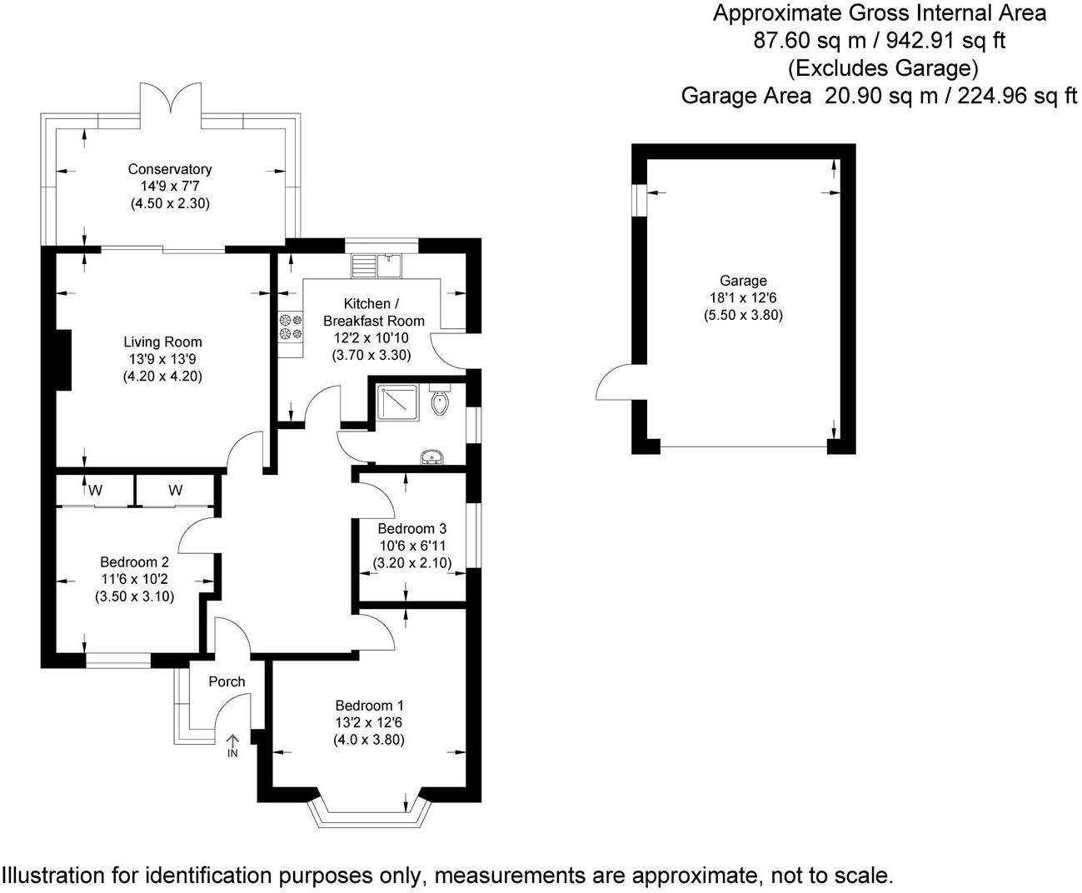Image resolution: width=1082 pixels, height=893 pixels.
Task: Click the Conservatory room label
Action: click(x=170, y=169)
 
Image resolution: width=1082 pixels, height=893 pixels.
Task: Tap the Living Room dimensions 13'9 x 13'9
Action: click(x=162, y=359)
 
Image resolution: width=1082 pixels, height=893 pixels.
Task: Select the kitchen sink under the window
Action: click(x=388, y=265)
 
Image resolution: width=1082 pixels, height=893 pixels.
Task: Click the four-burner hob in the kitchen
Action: click(x=290, y=326)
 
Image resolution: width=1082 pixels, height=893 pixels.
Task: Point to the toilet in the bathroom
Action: click(x=440, y=402)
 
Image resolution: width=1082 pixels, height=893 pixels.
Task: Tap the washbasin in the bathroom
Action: click(x=432, y=456)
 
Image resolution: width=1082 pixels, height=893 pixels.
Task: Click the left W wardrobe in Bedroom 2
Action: click(x=95, y=490)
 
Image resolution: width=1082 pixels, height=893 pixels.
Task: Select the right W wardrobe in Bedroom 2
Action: click(x=175, y=490)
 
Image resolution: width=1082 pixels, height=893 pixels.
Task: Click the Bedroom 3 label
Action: click(x=411, y=528)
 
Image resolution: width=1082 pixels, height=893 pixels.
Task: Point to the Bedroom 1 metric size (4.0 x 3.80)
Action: click(x=369, y=740)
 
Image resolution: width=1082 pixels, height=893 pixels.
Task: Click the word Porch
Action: click(x=227, y=681)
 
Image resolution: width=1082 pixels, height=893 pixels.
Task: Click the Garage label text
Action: click(x=743, y=281)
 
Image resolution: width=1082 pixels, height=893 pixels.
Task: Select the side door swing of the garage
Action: click(x=615, y=383)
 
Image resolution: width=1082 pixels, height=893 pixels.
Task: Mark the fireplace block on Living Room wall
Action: click(x=61, y=359)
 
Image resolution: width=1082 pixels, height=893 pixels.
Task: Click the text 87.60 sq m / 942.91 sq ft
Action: click(x=879, y=41)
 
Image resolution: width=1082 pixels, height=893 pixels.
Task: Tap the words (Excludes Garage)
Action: click(x=882, y=67)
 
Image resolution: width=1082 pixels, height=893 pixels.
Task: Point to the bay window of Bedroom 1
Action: click(x=369, y=813)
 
